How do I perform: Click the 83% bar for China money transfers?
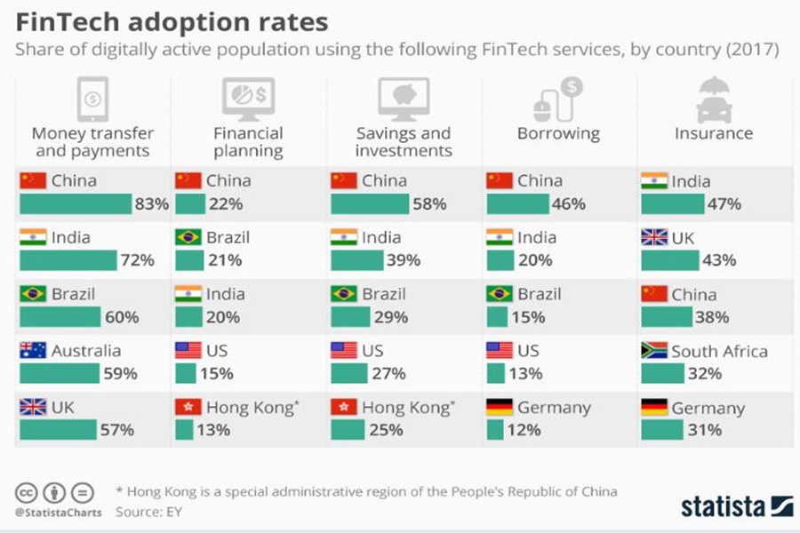tap(75, 204)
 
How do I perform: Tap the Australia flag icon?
tap(32, 351)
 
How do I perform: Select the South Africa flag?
tap(654, 351)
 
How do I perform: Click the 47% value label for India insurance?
tap(724, 204)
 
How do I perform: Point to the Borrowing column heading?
tap(558, 134)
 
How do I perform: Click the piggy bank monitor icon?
tap(403, 98)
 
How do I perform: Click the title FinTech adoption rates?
tap(172, 21)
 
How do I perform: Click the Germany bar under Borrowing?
tap(496, 430)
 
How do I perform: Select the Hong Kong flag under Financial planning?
tap(188, 408)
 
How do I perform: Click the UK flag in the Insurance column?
tap(654, 237)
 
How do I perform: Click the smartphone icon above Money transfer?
tap(92, 98)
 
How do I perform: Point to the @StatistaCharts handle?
tap(59, 513)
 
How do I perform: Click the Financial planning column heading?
tap(248, 142)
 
